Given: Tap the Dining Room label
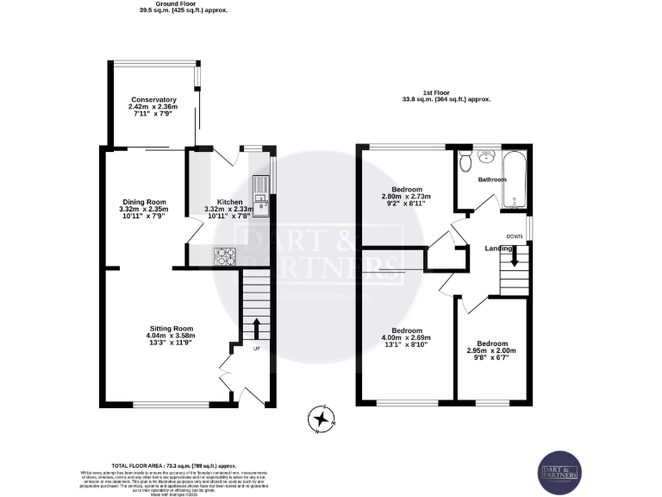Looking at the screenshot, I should pos(143,201).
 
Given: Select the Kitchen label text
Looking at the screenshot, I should pos(229,201).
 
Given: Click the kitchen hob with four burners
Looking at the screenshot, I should pos(225,255).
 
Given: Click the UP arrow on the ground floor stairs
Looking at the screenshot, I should pos(256,329).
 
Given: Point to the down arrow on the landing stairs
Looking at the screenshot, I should pos(515,256).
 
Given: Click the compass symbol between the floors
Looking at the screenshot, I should pos(322,419).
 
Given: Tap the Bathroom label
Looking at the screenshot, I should pos(492,179).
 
